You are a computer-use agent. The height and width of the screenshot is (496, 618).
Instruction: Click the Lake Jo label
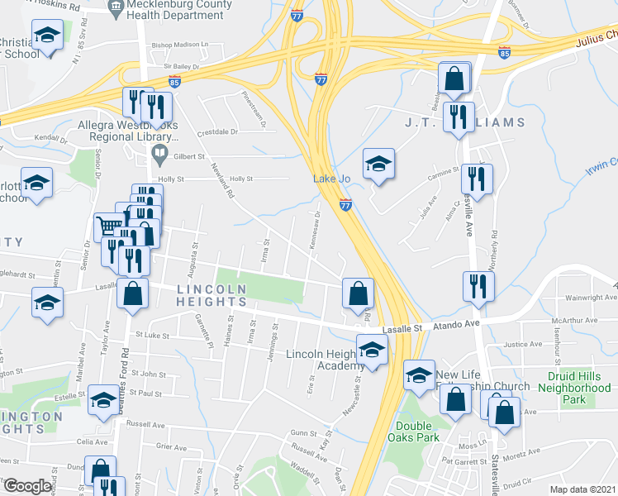329,179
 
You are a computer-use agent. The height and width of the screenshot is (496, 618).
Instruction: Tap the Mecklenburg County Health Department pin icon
115,8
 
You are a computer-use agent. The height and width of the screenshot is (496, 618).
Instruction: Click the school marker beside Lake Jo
378,164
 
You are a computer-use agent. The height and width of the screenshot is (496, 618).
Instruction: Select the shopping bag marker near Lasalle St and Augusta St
132,293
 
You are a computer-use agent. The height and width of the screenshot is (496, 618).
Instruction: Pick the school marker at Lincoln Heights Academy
372,351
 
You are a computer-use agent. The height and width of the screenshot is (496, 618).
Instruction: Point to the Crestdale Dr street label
217,132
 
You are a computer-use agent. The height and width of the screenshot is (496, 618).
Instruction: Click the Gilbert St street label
189,155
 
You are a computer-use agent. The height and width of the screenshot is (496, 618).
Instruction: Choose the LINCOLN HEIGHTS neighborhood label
211,296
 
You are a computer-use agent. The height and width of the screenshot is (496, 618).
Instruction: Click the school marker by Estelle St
103,400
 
